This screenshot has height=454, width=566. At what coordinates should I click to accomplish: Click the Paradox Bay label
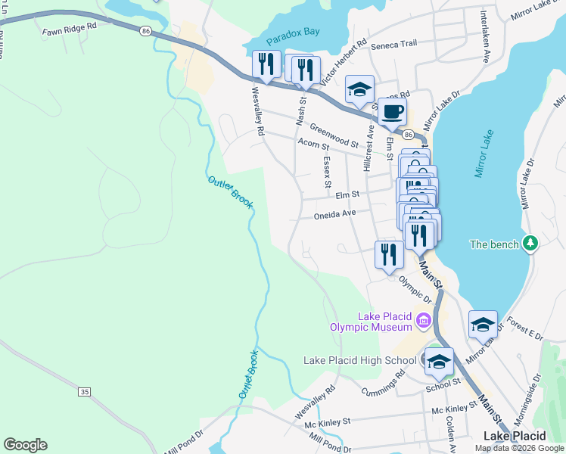point(292,40)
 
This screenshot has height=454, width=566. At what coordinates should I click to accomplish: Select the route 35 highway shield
point(84,391)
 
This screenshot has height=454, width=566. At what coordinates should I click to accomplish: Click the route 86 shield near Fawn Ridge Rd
point(145,30)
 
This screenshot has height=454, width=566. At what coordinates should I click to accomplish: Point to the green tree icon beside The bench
point(532,243)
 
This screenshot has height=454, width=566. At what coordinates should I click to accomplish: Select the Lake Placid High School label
point(359,360)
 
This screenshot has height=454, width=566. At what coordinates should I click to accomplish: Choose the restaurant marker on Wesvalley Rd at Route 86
point(266,66)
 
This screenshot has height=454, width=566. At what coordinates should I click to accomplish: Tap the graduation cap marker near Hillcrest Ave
point(359,89)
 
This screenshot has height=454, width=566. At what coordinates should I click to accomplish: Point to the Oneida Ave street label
point(334,214)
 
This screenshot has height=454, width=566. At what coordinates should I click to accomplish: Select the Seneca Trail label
point(393,44)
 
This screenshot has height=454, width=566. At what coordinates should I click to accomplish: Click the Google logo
point(25,445)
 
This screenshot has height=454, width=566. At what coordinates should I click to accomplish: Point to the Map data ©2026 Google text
point(518,448)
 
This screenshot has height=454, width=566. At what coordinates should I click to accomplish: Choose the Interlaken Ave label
point(483,37)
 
